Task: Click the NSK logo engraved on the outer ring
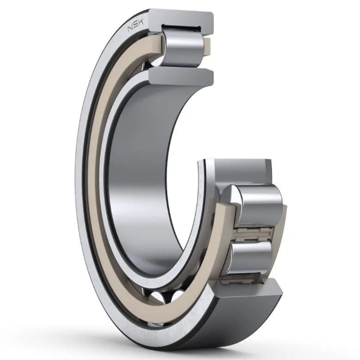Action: click(135, 25)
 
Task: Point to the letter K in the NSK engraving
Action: click(140, 23)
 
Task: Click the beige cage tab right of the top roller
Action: click(207, 47)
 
